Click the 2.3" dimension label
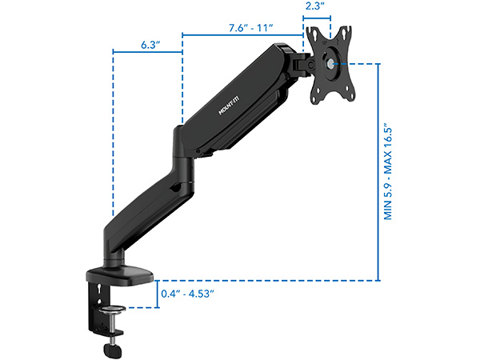tap(314, 6)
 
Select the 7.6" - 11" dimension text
tap(250, 28)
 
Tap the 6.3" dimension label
tap(150, 45)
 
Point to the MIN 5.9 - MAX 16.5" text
tap(388, 171)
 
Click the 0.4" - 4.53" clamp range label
tap(187, 294)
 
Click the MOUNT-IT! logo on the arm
tap(229, 106)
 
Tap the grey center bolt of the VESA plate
tap(330, 64)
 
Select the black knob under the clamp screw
tap(113, 350)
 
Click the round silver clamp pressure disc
tap(112, 310)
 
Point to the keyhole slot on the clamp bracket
tap(99, 288)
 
